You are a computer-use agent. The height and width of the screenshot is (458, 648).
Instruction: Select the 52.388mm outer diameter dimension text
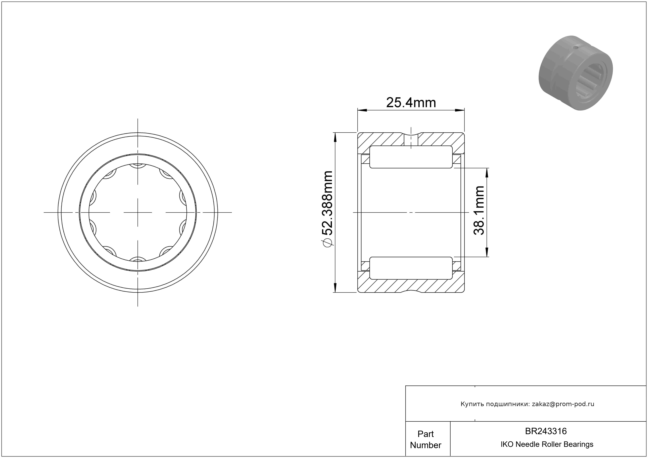(328, 203)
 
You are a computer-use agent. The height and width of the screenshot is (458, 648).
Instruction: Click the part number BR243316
(546, 431)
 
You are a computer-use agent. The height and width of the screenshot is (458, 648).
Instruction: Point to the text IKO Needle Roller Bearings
(547, 444)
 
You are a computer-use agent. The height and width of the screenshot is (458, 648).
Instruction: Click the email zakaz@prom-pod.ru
(563, 404)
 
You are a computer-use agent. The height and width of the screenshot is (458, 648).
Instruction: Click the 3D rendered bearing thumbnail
(576, 73)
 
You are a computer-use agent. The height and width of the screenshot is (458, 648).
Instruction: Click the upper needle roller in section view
(411, 157)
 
